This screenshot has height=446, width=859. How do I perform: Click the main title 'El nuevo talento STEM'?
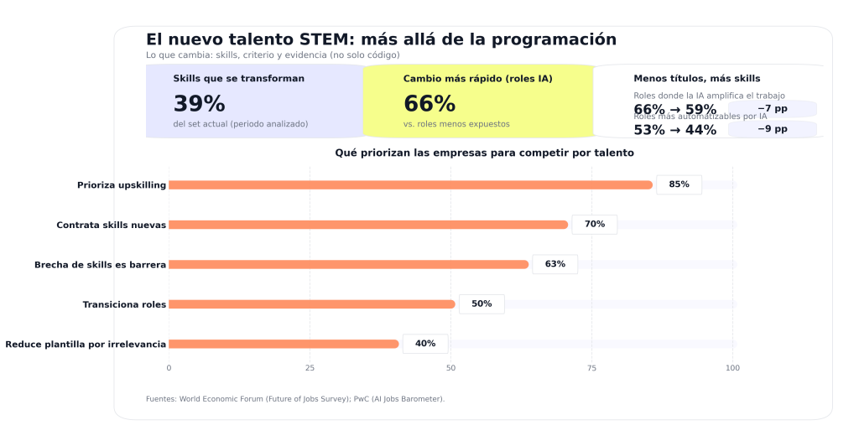click(381, 39)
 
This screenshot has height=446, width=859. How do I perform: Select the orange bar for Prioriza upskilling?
click(410, 184)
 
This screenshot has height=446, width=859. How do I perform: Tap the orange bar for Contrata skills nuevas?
click(368, 225)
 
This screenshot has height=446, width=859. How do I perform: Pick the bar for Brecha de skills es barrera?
click(348, 264)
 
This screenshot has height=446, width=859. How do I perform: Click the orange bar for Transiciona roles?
click(311, 304)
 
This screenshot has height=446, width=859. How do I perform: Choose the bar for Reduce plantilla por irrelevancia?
click(284, 344)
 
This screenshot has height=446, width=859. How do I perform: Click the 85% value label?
click(679, 184)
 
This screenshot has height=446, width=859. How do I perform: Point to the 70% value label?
click(594, 225)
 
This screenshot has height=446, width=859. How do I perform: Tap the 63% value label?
click(554, 264)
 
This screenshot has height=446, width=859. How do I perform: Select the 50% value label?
click(482, 304)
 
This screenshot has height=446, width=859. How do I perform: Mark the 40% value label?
click(424, 344)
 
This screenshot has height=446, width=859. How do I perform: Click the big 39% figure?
click(199, 104)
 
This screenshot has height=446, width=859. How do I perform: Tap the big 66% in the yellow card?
click(429, 104)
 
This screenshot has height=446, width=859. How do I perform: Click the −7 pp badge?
click(773, 109)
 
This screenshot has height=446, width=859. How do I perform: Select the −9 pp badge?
click(773, 129)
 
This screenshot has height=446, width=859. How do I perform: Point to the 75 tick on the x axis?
click(591, 368)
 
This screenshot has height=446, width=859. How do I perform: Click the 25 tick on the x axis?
click(310, 368)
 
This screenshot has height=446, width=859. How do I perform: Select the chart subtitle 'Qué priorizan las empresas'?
click(484, 153)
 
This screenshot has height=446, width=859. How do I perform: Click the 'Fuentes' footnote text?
click(295, 399)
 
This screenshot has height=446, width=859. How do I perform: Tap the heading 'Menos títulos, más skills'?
click(696, 79)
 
